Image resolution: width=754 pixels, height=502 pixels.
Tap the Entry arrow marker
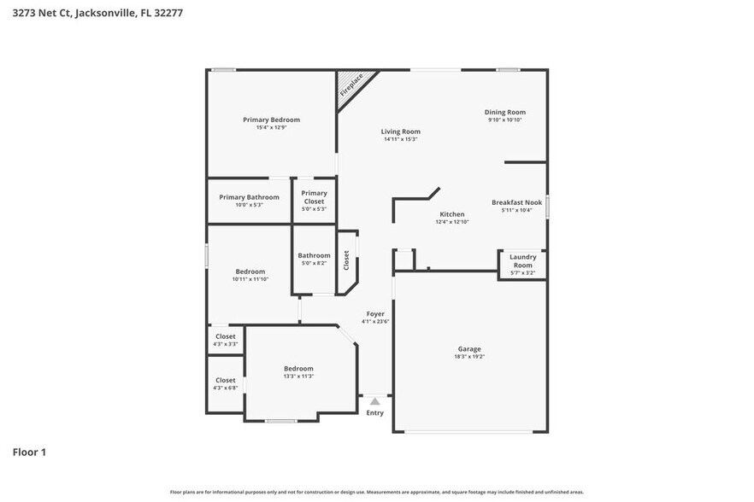(374, 400)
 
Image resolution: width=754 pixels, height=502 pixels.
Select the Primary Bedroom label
(271, 120)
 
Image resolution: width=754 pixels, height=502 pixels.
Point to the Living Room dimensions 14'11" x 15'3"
(400, 139)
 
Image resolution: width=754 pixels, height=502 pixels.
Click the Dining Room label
(504, 112)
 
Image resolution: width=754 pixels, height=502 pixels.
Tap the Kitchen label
(451, 214)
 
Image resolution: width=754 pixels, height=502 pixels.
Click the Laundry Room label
(522, 260)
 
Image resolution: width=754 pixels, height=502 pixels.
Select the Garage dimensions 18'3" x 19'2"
(469, 357)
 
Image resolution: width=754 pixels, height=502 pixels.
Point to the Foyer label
(375, 314)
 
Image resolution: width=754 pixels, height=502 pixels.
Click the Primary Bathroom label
(249, 197)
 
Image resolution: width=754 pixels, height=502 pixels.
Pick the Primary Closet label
(314, 197)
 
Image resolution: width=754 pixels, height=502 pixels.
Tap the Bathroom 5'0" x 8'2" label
(314, 255)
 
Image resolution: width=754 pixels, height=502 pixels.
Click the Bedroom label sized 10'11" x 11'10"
(250, 271)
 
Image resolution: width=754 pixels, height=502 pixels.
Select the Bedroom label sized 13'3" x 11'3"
(298, 369)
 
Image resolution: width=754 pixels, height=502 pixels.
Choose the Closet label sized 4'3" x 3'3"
(225, 336)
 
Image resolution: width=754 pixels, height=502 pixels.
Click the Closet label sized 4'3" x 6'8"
(225, 380)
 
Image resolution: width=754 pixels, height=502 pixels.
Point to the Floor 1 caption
(28, 452)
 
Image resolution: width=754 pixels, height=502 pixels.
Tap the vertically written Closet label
(346, 260)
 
